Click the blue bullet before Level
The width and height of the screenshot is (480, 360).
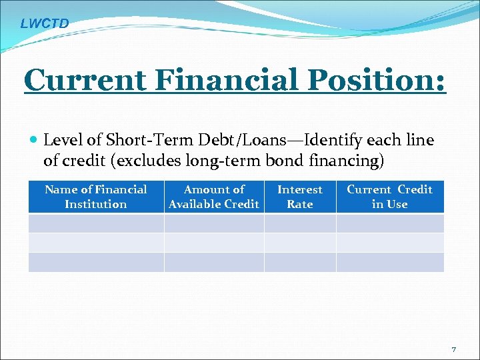pyautogui.click(x=34, y=141)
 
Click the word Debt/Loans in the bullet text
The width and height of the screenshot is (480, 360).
pyautogui.click(x=209, y=141)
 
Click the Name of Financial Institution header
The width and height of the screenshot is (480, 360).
pyautogui.click(x=96, y=197)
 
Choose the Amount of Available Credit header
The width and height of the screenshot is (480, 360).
pyautogui.click(x=214, y=197)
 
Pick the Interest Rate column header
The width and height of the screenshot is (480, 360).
pyautogui.click(x=300, y=197)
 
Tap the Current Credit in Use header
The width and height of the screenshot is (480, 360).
pyautogui.click(x=389, y=197)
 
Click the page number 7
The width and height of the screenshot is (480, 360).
pyautogui.click(x=454, y=350)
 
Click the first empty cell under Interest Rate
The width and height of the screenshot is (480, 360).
pyautogui.click(x=300, y=223)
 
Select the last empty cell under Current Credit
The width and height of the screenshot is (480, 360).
pyautogui.click(x=389, y=262)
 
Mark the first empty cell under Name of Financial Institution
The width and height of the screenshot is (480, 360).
pyautogui.click(x=96, y=223)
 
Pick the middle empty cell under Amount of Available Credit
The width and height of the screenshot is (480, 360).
pyautogui.click(x=214, y=242)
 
